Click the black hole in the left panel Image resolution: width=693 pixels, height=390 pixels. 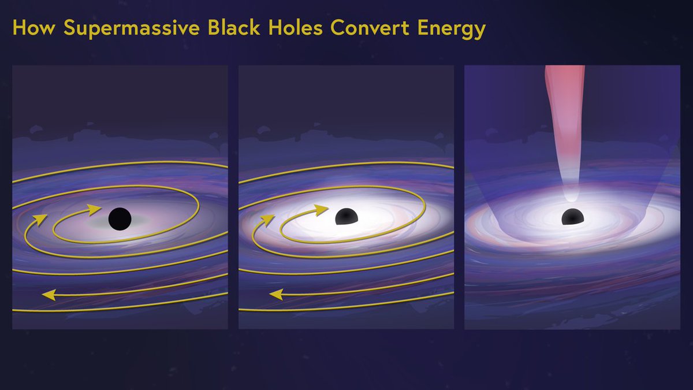120,218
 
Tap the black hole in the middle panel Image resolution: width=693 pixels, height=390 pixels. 346,217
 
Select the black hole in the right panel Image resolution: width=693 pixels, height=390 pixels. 572,217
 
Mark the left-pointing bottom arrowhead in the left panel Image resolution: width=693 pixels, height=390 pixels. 50,295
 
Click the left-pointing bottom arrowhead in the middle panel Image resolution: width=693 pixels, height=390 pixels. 277,295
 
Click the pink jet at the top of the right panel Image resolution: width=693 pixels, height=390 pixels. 564,92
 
